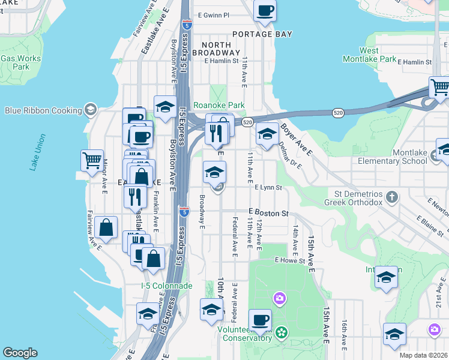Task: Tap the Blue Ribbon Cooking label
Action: (43, 110)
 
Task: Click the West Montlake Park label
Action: (369, 55)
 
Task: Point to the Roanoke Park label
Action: (219, 106)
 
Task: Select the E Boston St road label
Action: (269, 213)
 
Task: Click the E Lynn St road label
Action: (268, 188)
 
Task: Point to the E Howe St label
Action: (291, 260)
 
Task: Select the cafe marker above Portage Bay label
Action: (264, 10)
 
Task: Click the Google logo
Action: (20, 353)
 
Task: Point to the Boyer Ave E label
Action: (297, 140)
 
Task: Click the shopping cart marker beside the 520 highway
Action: (440, 88)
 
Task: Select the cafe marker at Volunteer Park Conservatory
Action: (260, 320)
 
